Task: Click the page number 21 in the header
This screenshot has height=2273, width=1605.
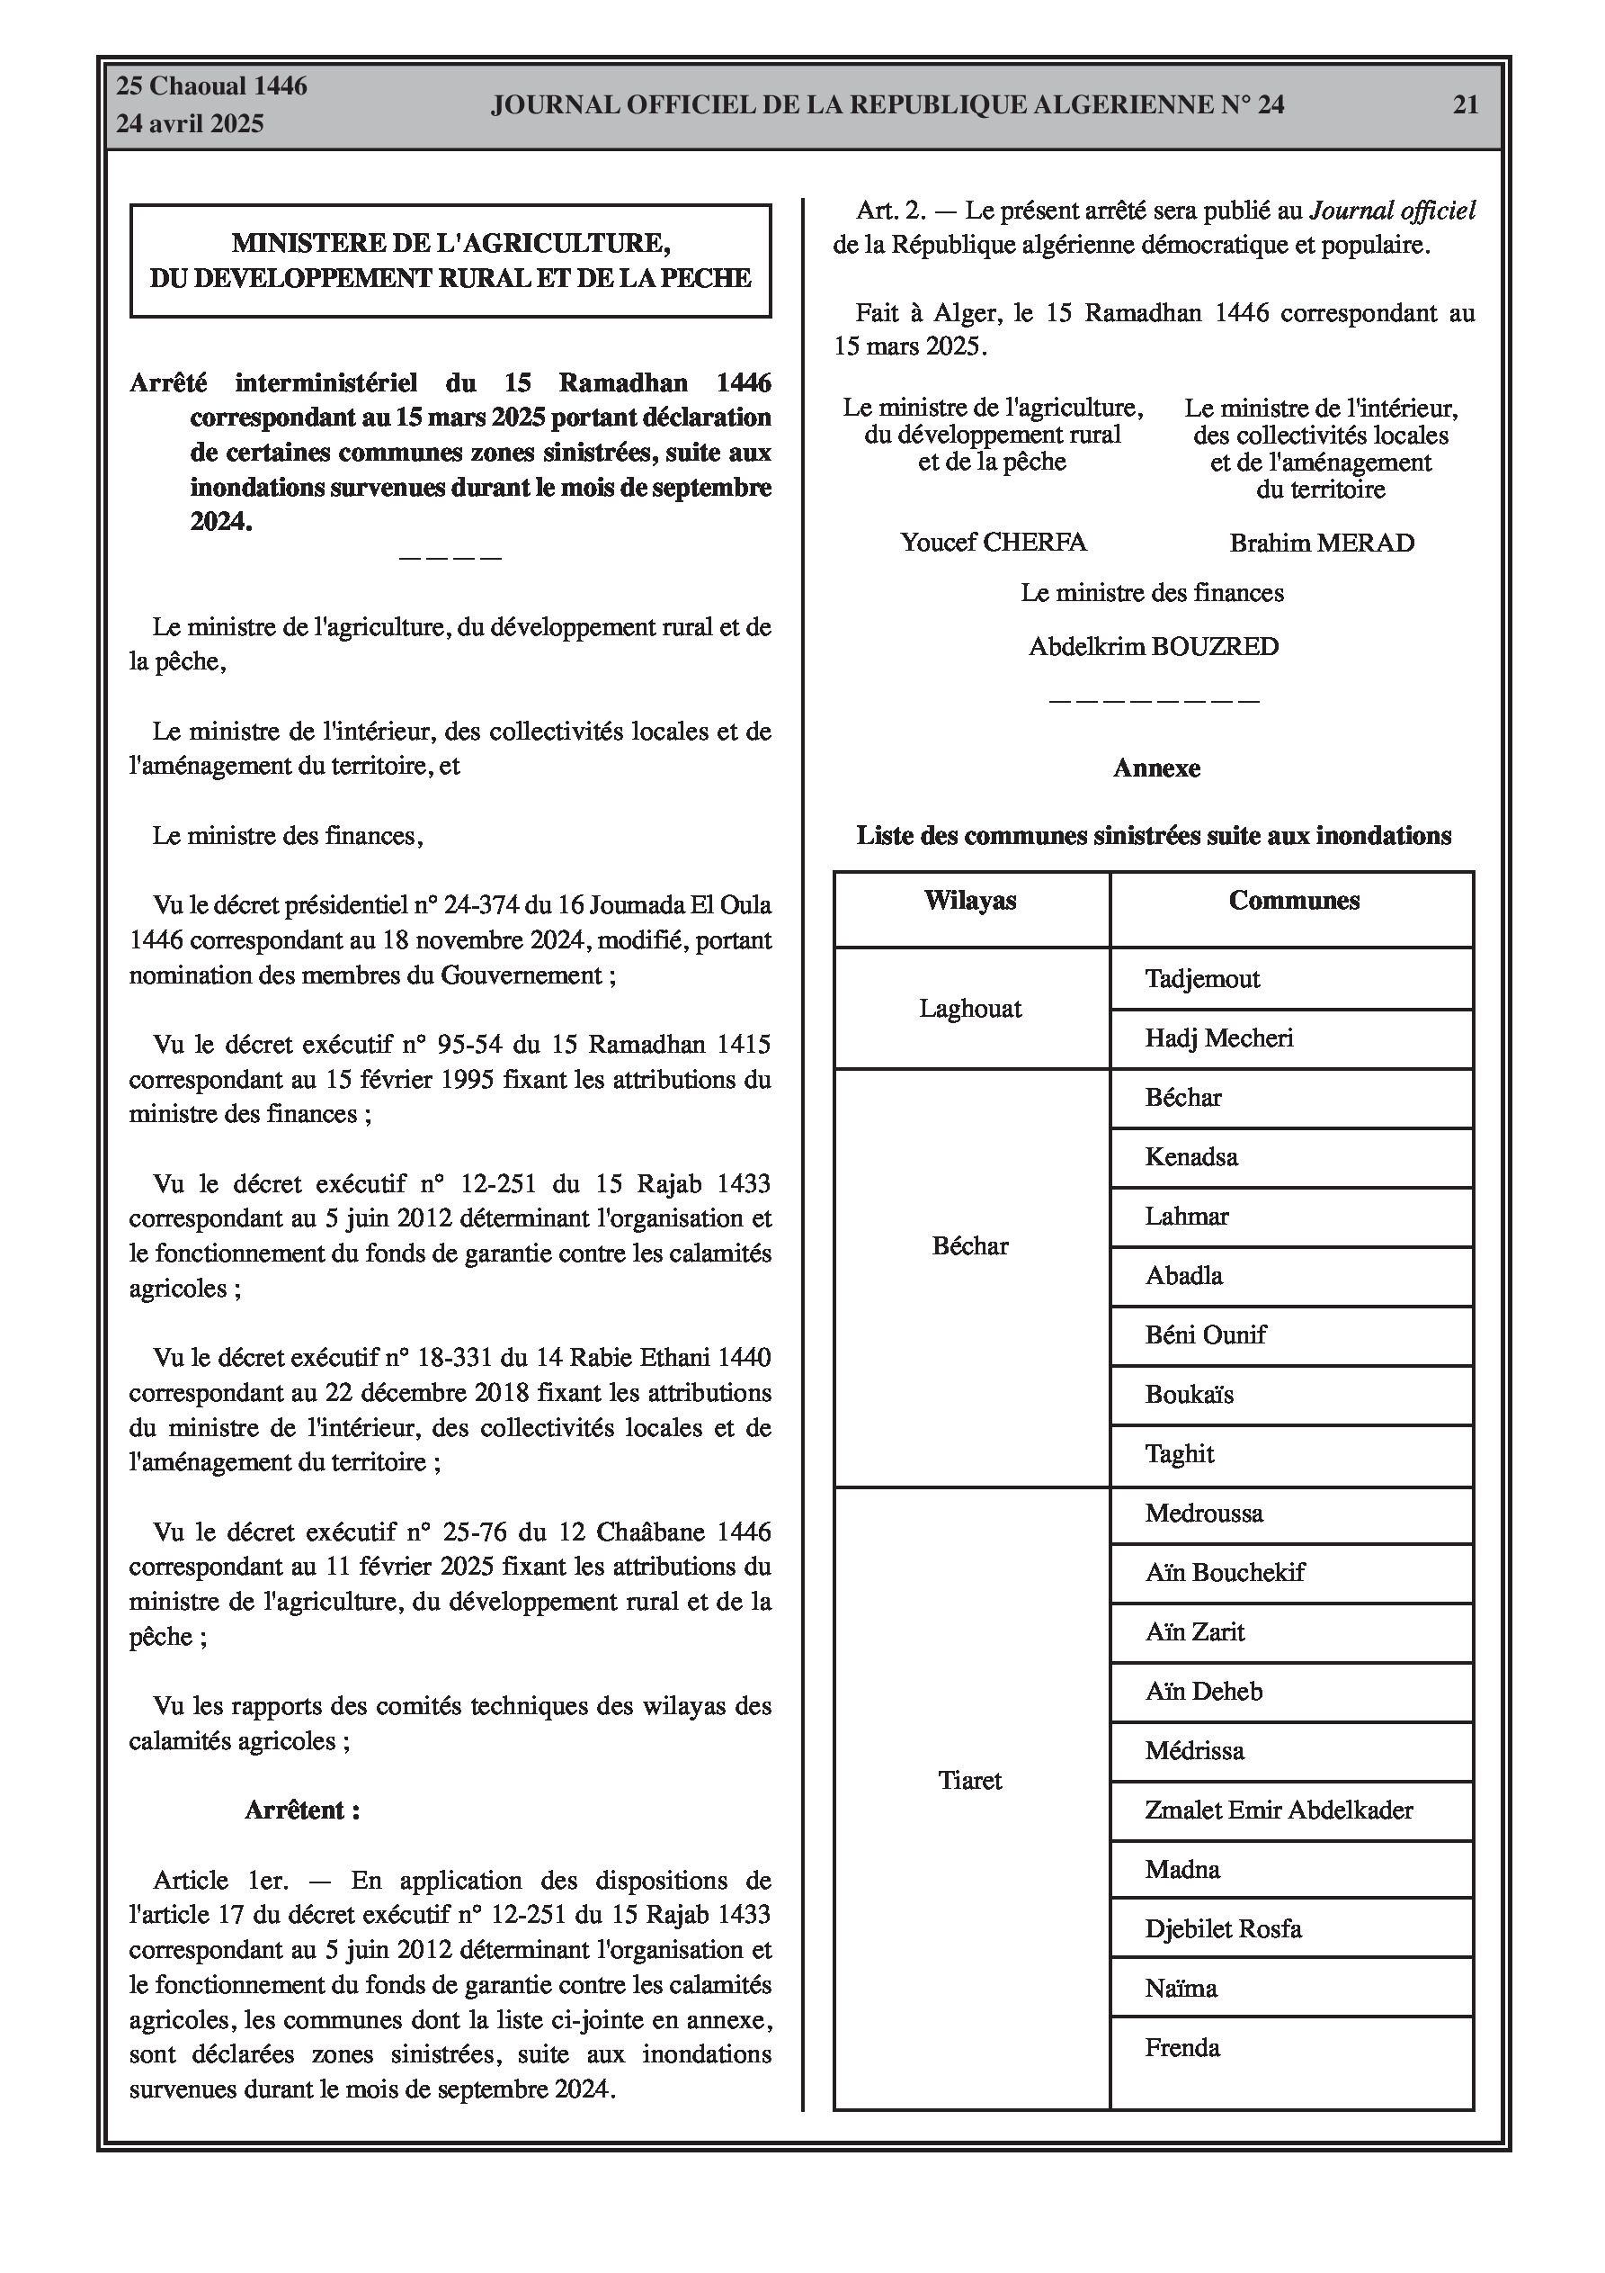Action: [1465, 105]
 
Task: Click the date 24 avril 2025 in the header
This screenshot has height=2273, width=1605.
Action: [190, 124]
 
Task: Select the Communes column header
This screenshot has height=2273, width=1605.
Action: [1293, 901]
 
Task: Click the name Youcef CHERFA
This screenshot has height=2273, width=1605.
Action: [993, 543]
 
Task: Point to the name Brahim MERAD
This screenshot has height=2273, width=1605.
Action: [1321, 544]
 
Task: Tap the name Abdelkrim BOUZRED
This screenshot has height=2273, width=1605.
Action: [1154, 648]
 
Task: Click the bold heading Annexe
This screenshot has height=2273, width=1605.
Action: [1155, 768]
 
